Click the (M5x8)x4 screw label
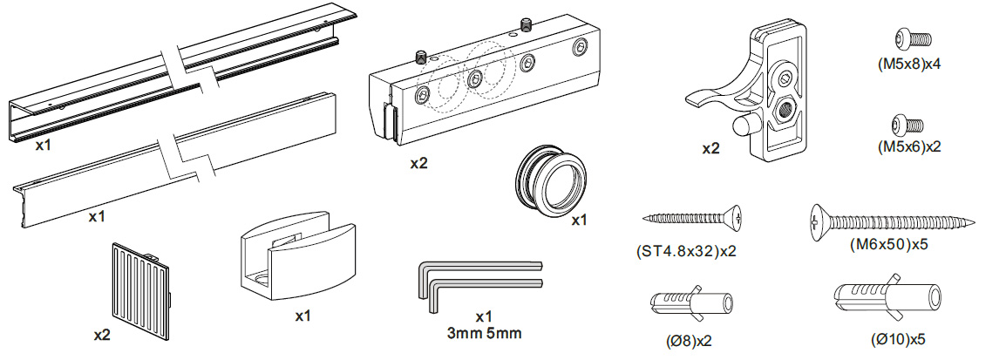[x=909, y=63]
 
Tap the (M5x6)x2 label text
[x=909, y=147]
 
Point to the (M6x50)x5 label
[x=888, y=245]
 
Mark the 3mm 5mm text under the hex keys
[x=485, y=332]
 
